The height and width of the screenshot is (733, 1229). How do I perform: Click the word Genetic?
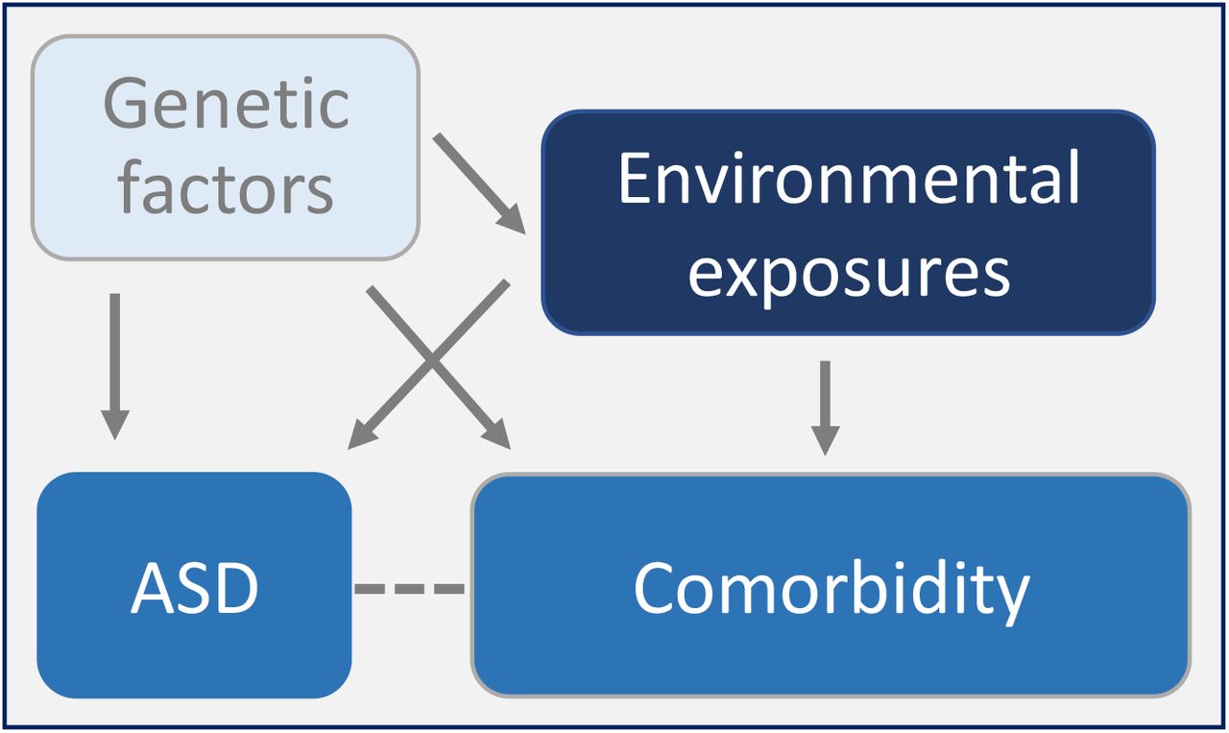(x=226, y=104)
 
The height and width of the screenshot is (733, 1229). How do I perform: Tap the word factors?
(x=226, y=186)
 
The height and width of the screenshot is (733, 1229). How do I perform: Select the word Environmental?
(x=849, y=178)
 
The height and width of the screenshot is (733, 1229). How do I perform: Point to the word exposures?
(x=849, y=273)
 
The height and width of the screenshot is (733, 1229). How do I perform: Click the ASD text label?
(x=194, y=588)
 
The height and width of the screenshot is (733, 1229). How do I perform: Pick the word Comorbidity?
(x=831, y=591)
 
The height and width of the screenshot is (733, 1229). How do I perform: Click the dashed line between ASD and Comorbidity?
(x=409, y=589)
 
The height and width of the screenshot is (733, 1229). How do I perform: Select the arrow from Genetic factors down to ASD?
(x=114, y=366)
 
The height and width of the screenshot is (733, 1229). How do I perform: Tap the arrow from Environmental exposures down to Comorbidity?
(x=825, y=408)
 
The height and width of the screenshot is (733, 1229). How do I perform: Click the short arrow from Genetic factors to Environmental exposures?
(x=479, y=183)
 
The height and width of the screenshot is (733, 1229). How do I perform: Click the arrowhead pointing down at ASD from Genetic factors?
(x=114, y=425)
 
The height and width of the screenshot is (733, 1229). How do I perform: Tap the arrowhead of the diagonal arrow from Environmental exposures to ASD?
(x=363, y=434)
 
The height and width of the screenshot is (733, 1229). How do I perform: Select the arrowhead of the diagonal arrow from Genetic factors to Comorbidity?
(x=496, y=434)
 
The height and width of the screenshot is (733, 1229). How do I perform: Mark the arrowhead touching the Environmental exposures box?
(x=512, y=219)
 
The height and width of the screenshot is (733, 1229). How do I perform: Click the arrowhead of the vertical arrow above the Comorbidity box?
(x=825, y=440)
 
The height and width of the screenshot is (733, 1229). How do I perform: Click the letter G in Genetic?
(x=126, y=104)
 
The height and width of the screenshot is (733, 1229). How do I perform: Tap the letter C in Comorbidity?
(x=655, y=588)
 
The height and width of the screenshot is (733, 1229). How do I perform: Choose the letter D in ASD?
(x=236, y=588)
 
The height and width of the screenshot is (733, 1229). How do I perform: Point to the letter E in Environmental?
(x=634, y=179)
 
